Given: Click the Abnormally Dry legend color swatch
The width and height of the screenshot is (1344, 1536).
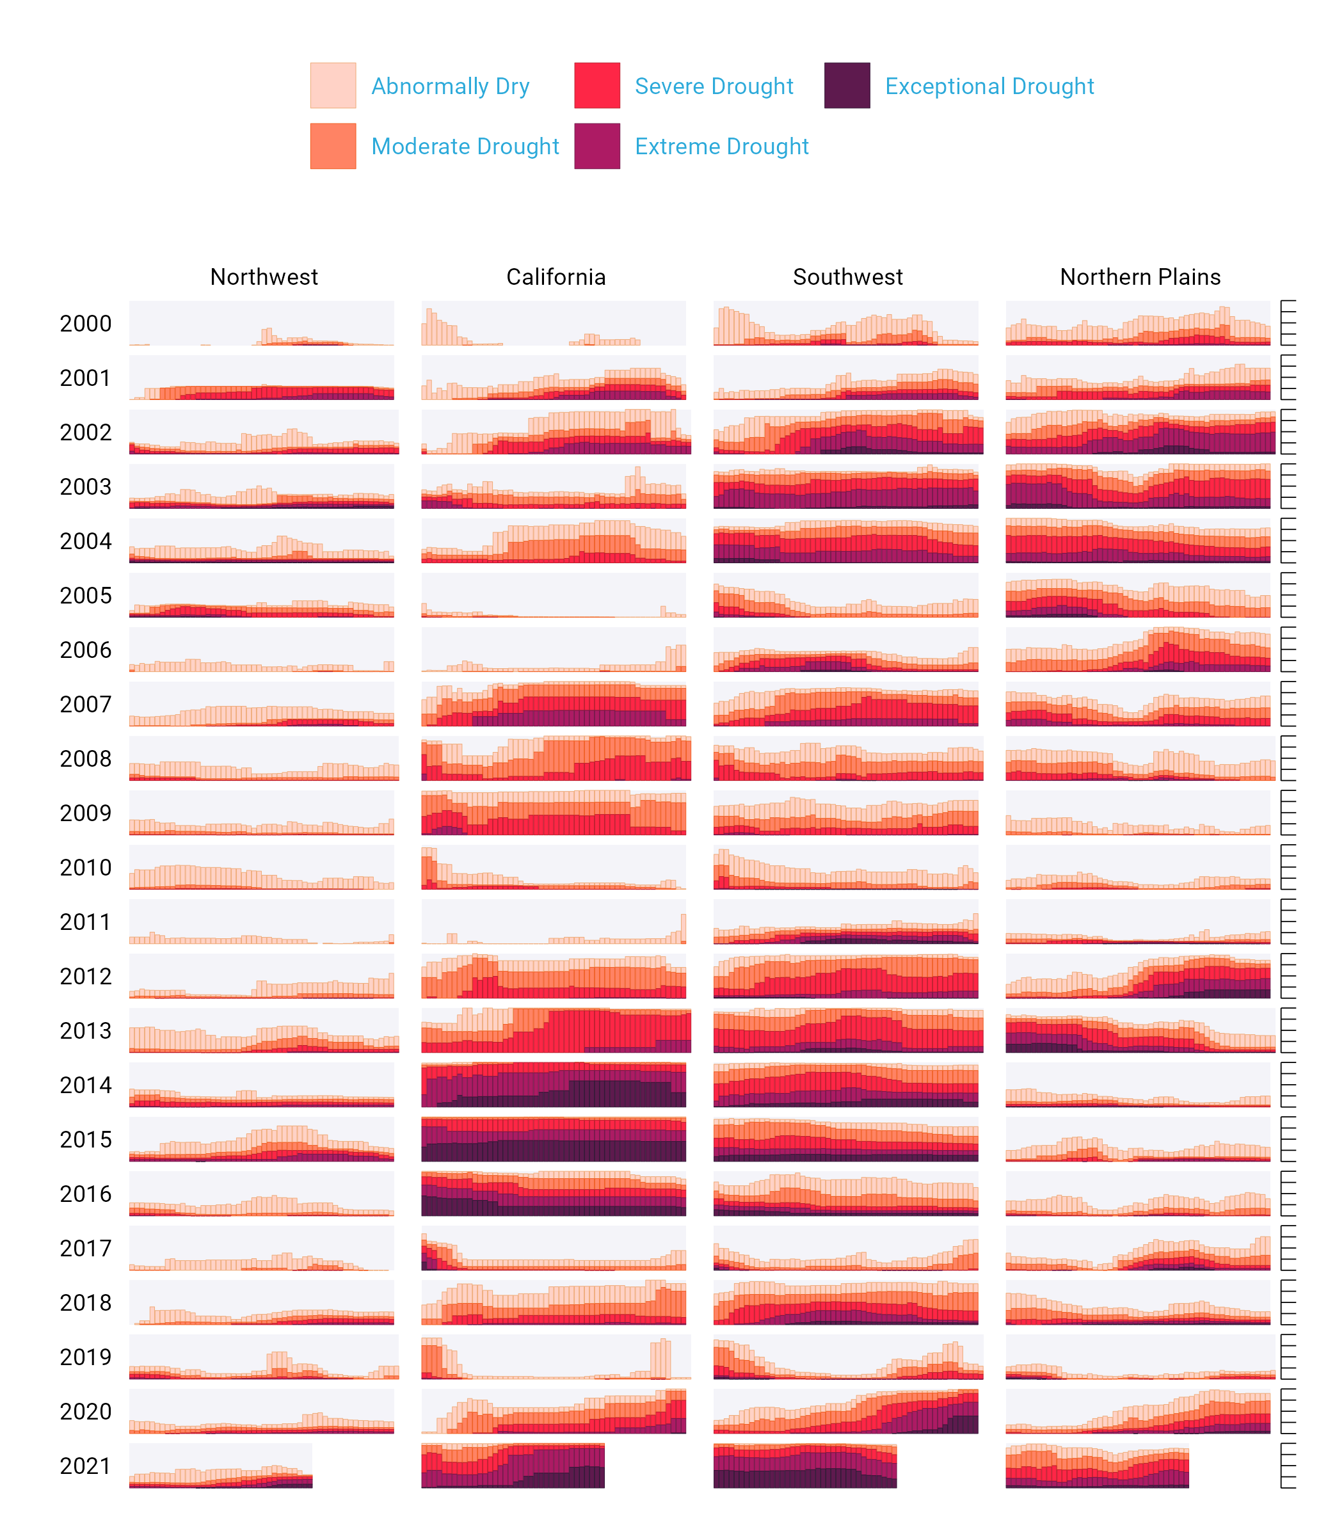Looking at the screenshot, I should (333, 86).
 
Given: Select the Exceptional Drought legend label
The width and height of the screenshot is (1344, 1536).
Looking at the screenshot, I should (989, 86).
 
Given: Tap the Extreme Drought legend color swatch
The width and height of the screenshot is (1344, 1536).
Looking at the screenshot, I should (597, 147).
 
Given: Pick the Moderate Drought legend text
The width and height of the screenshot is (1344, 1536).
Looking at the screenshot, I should (465, 147).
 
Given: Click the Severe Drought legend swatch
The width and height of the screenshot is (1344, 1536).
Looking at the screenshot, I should (597, 86).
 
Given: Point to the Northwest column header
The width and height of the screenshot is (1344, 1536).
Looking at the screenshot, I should (264, 276).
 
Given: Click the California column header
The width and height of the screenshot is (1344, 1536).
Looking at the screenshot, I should (556, 276).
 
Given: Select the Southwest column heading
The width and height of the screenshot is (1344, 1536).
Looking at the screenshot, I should (847, 276).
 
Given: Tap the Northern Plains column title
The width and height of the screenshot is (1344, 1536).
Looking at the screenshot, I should (1140, 276).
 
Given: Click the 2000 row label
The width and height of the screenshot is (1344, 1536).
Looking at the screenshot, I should (86, 324).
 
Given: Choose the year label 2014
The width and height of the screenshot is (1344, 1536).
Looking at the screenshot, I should (86, 1085).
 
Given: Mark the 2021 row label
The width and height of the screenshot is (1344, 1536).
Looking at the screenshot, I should (86, 1466).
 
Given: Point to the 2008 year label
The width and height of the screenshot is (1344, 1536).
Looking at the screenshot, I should (86, 759).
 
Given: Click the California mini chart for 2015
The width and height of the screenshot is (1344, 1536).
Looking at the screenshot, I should (554, 1139).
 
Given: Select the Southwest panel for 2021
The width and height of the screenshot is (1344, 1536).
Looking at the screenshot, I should (804, 1466).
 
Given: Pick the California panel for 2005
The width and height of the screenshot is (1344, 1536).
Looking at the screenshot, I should (554, 595).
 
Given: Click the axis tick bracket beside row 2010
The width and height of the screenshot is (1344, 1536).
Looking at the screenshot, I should (1288, 867).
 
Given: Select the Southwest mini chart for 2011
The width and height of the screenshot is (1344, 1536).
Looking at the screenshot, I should (846, 922).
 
